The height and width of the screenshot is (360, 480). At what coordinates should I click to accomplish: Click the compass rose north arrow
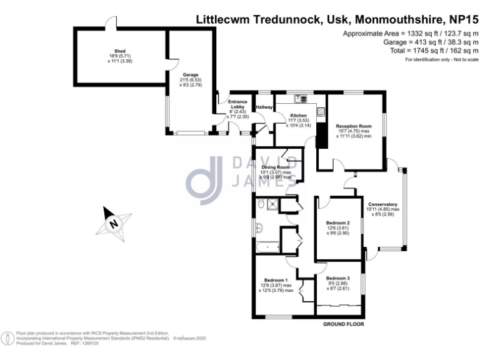(114, 223)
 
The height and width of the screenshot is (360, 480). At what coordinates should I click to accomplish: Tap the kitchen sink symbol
(298, 98)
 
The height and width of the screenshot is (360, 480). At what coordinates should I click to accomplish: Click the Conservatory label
(383, 204)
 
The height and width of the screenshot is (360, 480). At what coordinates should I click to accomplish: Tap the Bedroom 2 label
(337, 223)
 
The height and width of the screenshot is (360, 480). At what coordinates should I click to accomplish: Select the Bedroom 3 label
(337, 277)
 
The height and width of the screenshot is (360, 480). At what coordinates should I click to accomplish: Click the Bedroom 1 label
(276, 279)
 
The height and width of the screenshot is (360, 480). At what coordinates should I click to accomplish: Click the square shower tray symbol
(272, 203)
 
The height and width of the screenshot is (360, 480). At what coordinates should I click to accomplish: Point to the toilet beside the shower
(260, 203)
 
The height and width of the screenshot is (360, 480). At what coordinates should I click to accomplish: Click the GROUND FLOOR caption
(343, 324)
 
